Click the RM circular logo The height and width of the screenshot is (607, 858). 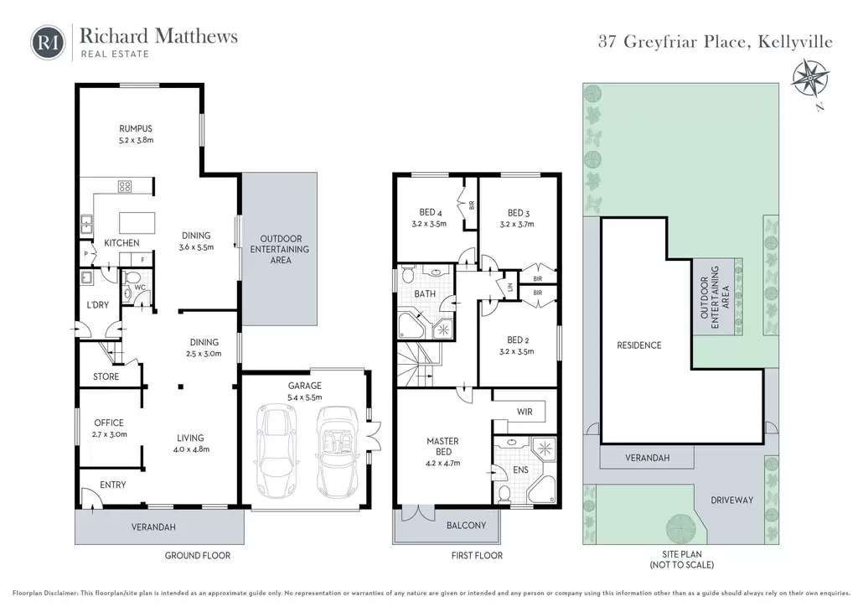[48, 42]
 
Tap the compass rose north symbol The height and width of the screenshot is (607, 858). [810, 80]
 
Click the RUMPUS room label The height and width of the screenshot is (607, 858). [136, 128]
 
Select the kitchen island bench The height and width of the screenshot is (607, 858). [137, 223]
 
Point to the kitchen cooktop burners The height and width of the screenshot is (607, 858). [125, 187]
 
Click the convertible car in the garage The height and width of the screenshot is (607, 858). [337, 451]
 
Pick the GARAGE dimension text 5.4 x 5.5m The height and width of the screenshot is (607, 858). [305, 398]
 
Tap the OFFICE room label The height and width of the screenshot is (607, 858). [109, 423]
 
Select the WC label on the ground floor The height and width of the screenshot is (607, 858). [140, 288]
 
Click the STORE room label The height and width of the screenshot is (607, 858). [106, 376]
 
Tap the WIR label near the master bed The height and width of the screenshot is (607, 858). [525, 412]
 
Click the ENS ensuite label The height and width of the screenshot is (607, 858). [521, 470]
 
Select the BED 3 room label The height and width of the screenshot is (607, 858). [518, 213]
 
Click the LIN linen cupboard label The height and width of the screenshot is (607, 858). [510, 287]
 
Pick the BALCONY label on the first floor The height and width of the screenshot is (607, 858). [466, 526]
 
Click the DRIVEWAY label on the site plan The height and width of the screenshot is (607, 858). [732, 500]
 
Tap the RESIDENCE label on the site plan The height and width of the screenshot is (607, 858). [639, 345]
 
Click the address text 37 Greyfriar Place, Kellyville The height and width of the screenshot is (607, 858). [716, 42]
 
